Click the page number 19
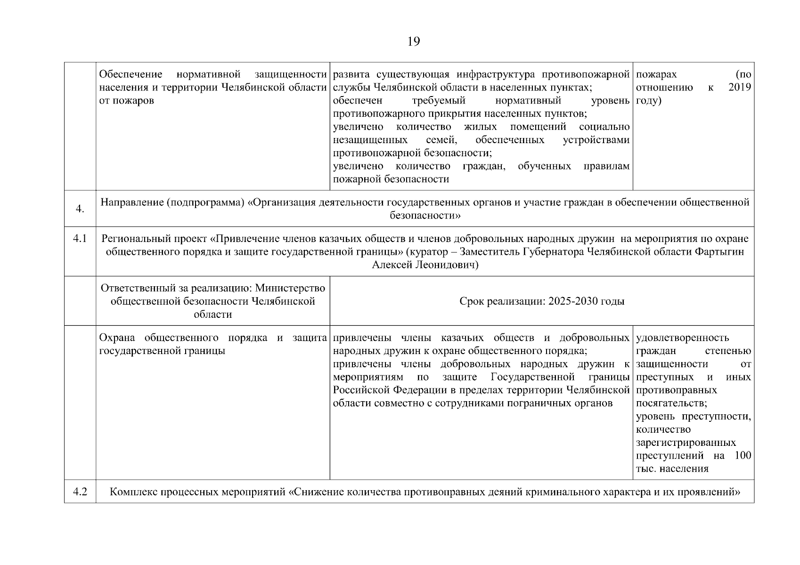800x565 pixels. point(413,42)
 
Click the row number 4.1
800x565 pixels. point(80,239)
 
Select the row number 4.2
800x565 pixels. point(80,492)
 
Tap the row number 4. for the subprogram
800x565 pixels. point(80,209)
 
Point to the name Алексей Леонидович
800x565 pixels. point(424,265)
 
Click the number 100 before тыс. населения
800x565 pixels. point(743,456)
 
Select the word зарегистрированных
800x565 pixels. point(686,443)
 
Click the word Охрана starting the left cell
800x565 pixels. point(117,338)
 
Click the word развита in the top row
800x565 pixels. point(349,74)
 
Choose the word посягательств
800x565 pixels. point(671,404)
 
